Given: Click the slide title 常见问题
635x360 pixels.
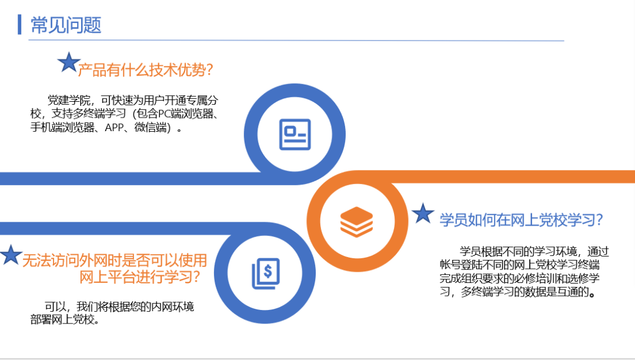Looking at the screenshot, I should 66,25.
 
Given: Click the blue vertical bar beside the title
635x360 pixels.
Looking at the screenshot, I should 20,24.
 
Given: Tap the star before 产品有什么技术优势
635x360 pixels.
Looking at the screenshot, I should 69,62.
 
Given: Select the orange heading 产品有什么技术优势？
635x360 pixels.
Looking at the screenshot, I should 145,71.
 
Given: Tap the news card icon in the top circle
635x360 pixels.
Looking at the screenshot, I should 294,134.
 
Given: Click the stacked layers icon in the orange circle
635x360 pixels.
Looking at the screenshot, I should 356,221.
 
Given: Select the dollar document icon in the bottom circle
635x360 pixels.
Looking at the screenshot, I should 266,274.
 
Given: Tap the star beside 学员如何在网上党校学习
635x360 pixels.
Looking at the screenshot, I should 423,214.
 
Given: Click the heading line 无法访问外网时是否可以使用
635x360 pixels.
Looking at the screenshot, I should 115,260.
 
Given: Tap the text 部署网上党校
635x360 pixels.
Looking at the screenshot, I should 62,321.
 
